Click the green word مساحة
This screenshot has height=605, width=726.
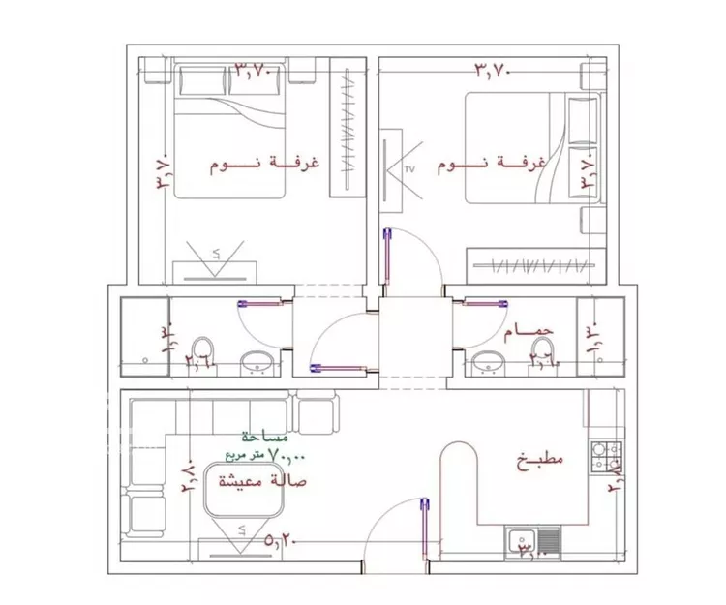click(258, 438)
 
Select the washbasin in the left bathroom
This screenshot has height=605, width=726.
click(257, 362)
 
